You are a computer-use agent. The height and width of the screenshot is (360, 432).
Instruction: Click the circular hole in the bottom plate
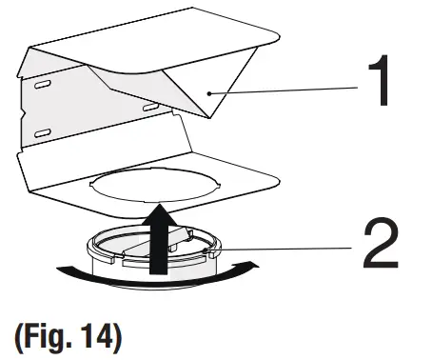pyautogui.click(x=152, y=188)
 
